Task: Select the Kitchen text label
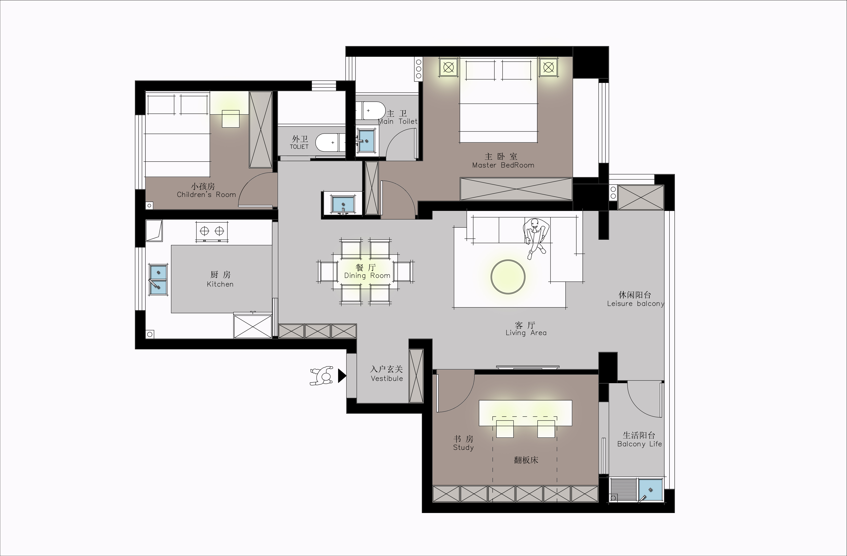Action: [220, 284]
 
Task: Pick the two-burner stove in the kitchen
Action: [212, 231]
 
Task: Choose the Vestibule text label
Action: [387, 378]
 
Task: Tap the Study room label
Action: [463, 447]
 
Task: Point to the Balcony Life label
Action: [639, 444]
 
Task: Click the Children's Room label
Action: [206, 195]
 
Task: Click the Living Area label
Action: [526, 333]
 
